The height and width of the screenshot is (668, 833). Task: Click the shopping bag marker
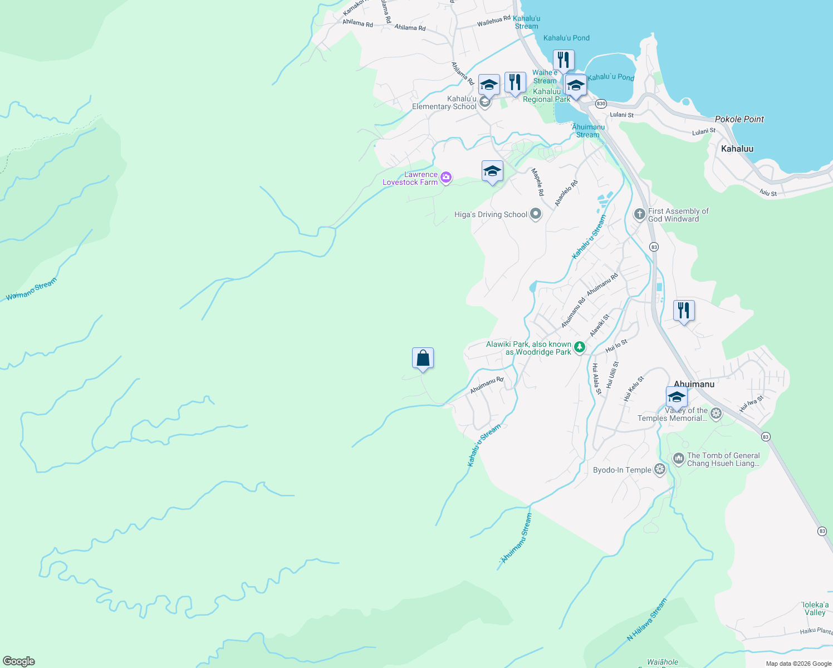[423, 358]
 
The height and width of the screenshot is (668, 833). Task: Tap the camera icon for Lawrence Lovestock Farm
[445, 178]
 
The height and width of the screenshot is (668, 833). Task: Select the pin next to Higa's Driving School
[536, 214]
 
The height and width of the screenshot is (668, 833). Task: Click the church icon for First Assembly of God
[640, 214]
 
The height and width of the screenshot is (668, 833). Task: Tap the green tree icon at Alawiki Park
[580, 348]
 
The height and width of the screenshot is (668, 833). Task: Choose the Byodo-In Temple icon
[660, 470]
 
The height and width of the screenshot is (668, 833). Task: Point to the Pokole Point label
[739, 119]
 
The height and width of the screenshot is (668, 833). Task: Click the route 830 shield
[601, 104]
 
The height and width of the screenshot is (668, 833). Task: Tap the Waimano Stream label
[31, 290]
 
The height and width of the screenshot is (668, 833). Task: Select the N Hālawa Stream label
[646, 620]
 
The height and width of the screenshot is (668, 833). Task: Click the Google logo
[19, 661]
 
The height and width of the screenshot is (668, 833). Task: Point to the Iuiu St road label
[768, 193]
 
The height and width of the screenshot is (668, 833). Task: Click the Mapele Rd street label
[537, 182]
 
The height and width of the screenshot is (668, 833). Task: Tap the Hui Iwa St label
[751, 404]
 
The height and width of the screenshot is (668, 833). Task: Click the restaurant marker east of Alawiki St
[684, 311]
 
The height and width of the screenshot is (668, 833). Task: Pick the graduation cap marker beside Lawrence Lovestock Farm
[492, 171]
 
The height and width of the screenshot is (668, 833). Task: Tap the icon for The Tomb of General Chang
[678, 459]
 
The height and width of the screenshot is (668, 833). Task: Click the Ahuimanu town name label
[694, 384]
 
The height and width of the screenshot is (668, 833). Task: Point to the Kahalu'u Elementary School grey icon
[485, 102]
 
